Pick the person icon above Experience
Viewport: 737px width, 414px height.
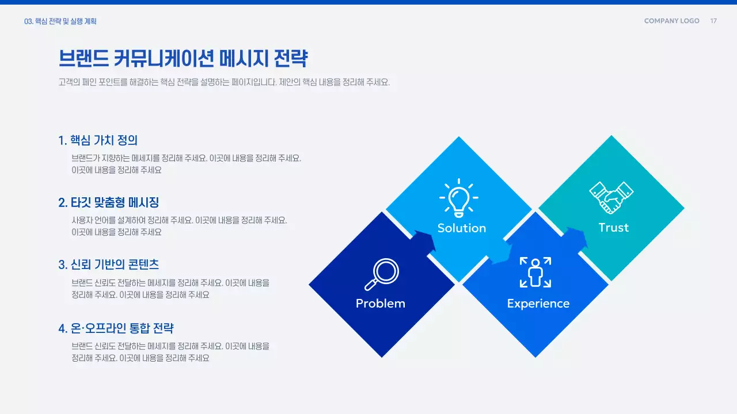[535, 272]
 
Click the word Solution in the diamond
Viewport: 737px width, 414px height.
[461, 228]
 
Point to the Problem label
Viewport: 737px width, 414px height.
[381, 304]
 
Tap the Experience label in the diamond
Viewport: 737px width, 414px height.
[538, 304]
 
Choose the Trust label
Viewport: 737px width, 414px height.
[613, 228]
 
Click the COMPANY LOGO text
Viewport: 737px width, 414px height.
[671, 21]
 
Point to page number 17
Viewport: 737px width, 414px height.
[713, 21]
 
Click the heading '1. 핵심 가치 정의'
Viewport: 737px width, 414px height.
[98, 140]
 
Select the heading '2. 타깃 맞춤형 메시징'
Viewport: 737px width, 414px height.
[108, 202]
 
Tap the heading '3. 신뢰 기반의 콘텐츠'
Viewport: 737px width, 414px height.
[108, 264]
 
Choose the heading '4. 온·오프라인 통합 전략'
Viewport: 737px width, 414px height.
[116, 328]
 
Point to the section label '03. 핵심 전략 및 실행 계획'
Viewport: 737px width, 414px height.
[60, 21]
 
